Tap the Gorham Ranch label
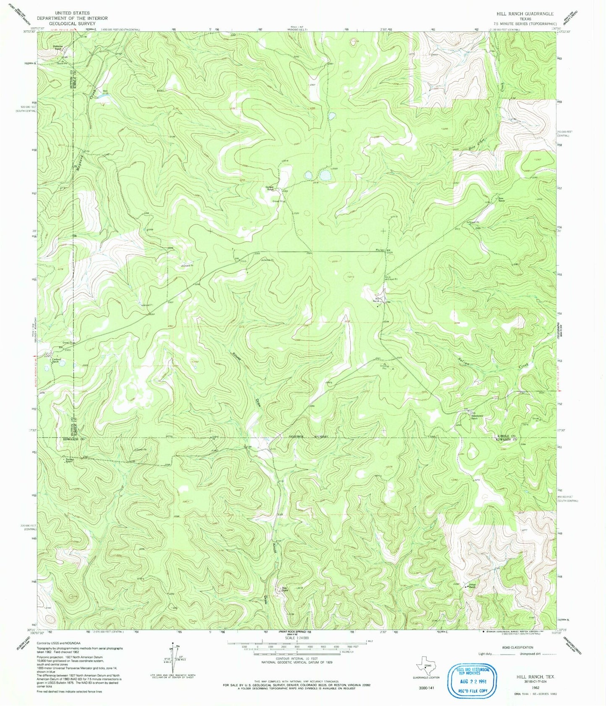(x=270, y=188)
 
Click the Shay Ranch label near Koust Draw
(x=284, y=589)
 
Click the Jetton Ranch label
(x=473, y=586)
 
